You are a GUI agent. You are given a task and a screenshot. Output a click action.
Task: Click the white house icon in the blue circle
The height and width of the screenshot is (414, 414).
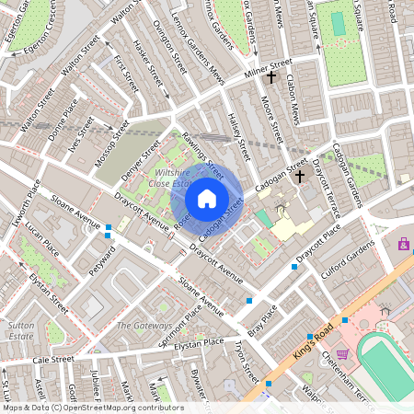click(207, 198)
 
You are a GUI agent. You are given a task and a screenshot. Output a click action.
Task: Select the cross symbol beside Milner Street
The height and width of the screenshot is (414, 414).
click(270, 80)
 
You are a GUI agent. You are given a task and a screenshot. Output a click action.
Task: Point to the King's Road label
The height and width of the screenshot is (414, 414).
click(316, 339)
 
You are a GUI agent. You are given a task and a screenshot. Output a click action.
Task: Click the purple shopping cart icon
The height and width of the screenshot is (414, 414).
click(342, 353)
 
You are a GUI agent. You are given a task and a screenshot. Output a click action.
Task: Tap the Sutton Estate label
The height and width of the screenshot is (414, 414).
click(22, 330)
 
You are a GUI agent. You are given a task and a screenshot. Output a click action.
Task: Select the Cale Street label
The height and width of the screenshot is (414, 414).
click(52, 360)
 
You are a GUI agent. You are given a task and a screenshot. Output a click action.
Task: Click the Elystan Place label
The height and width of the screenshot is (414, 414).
click(200, 342)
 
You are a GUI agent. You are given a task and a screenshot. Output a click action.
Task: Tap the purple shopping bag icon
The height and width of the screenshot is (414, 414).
click(404, 244)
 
